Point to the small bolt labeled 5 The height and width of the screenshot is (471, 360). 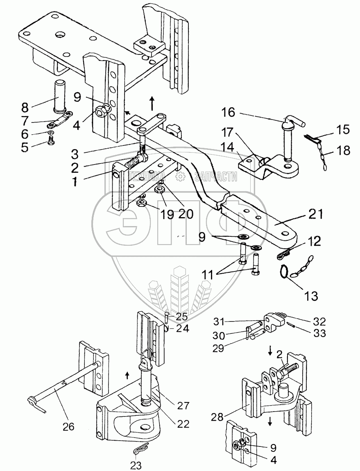click(50, 140)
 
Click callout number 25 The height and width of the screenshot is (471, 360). click(182, 316)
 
